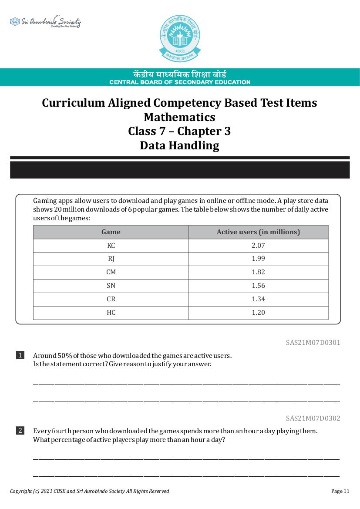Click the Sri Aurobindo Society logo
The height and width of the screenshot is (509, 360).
point(45,22)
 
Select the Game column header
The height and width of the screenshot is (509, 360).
point(111,232)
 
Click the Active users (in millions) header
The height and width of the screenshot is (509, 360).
point(258,232)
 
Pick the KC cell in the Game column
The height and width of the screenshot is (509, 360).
point(111,246)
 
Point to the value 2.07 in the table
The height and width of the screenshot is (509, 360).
point(258,246)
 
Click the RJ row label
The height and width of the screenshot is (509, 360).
point(111,259)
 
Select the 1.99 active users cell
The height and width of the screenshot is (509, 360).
point(258,259)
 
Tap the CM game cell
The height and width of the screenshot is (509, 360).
point(111,273)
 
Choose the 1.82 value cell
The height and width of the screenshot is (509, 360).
point(258,273)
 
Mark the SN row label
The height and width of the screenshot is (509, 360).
point(111,286)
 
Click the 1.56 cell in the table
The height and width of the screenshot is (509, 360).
point(258,286)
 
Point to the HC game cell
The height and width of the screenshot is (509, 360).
point(111,313)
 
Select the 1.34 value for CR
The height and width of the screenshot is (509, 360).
point(258,299)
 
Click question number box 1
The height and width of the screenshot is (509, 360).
point(20,355)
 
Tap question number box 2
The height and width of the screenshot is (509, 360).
point(20,431)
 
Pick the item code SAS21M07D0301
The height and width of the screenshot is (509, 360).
point(313,343)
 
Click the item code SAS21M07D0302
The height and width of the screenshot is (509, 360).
point(313,418)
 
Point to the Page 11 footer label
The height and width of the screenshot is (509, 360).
point(340,491)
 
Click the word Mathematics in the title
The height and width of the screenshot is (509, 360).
point(179,117)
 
